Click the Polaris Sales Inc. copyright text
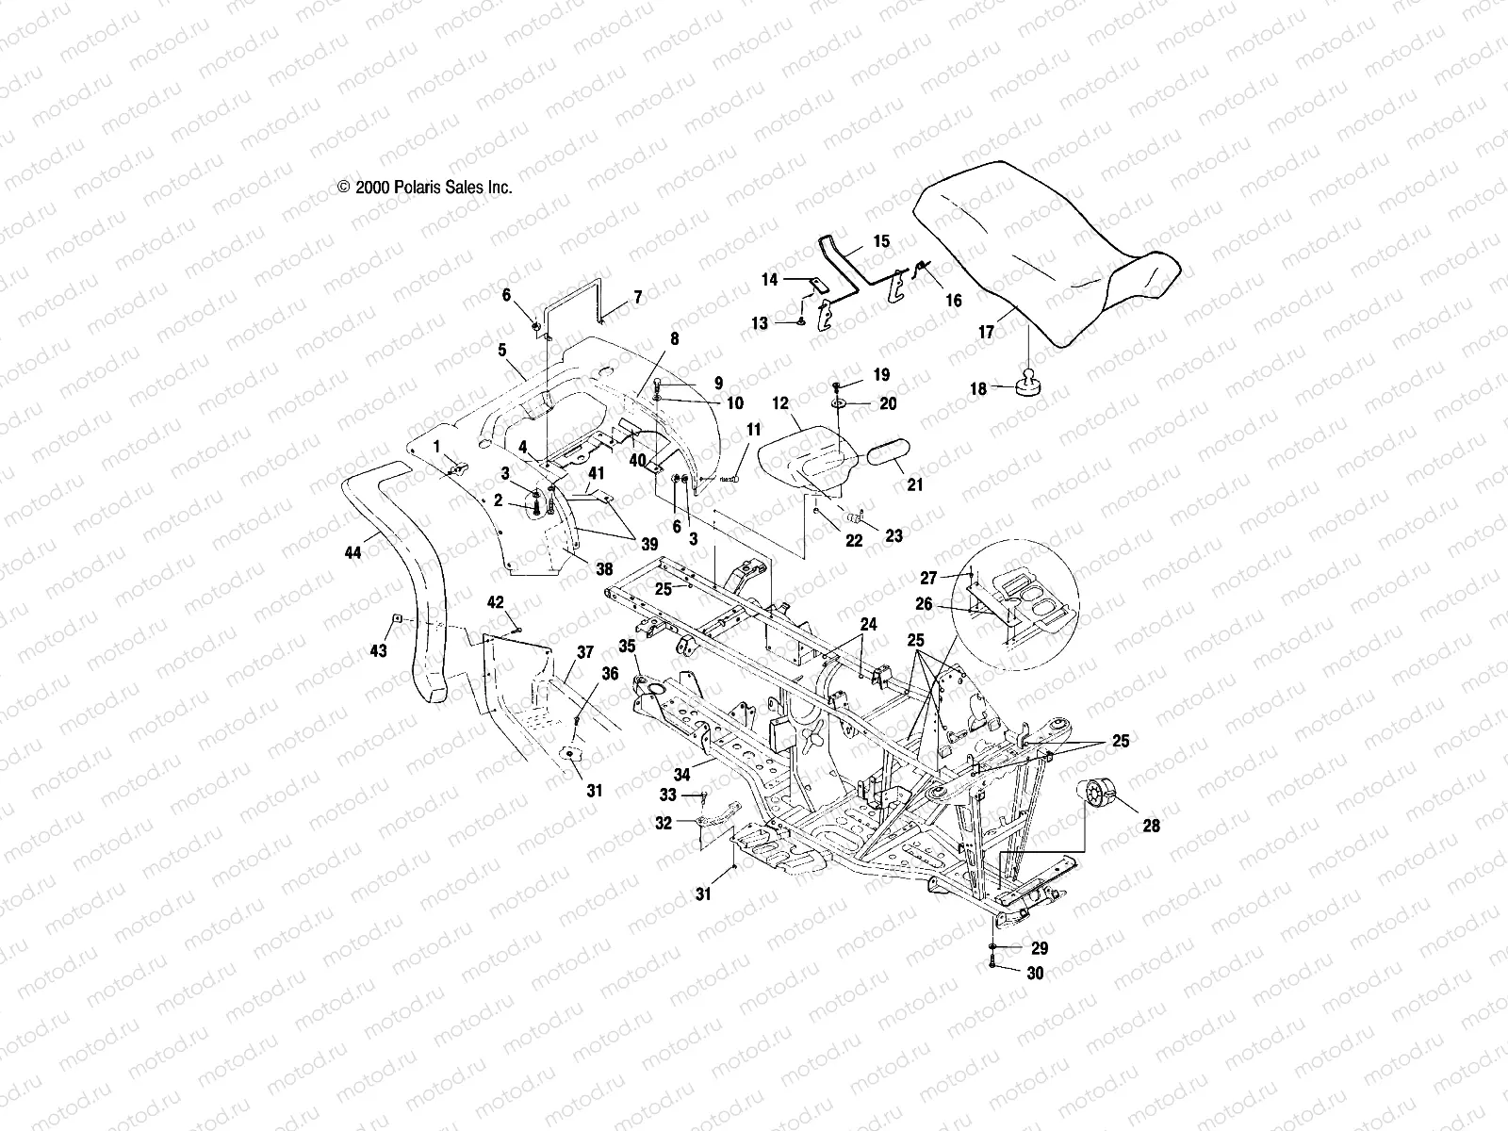[x=425, y=188]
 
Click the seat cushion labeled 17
[x=1046, y=245]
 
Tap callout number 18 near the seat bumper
[x=977, y=388]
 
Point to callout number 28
[x=1151, y=826]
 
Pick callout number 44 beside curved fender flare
[x=353, y=553]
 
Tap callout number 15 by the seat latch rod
[x=881, y=241]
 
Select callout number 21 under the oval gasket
[x=915, y=485]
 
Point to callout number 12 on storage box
[x=780, y=402]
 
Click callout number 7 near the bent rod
[x=638, y=297]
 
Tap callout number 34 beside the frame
[x=681, y=774]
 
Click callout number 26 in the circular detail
[x=924, y=604]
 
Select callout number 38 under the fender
[x=603, y=569]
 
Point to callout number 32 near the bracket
[x=664, y=823]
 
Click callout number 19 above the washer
[x=881, y=374]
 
